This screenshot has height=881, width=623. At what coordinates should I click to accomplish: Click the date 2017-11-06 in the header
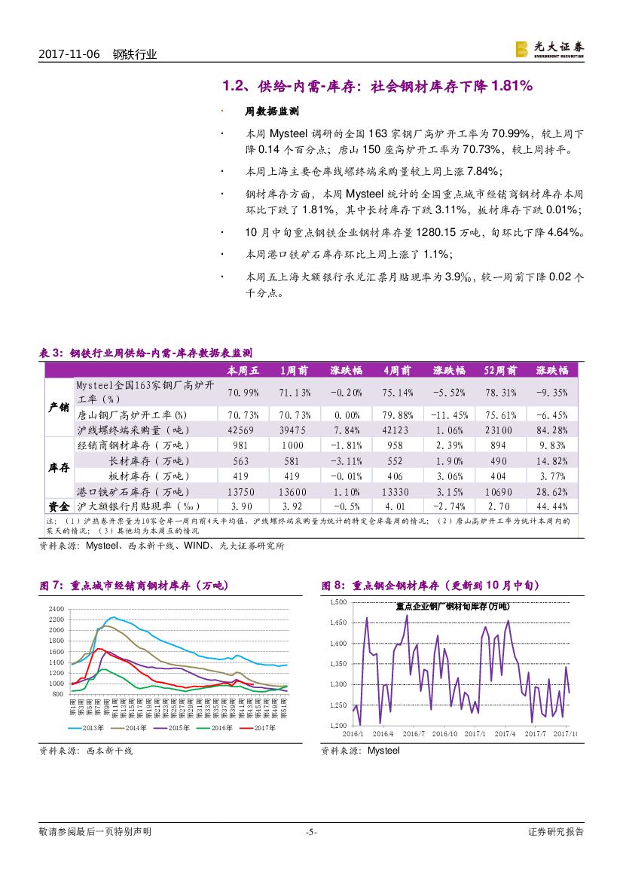[x=69, y=54]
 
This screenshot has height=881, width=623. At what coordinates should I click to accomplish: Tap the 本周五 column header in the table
[x=243, y=371]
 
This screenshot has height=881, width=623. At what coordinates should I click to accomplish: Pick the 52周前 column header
[x=500, y=371]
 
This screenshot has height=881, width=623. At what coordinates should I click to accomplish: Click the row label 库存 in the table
[x=59, y=468]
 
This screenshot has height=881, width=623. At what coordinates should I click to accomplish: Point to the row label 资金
[x=59, y=506]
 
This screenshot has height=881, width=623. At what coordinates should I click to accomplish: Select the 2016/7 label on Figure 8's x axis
[x=413, y=733]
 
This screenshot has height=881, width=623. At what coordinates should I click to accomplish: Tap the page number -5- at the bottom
[x=311, y=832]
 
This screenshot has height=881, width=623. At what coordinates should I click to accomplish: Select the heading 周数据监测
[x=273, y=111]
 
